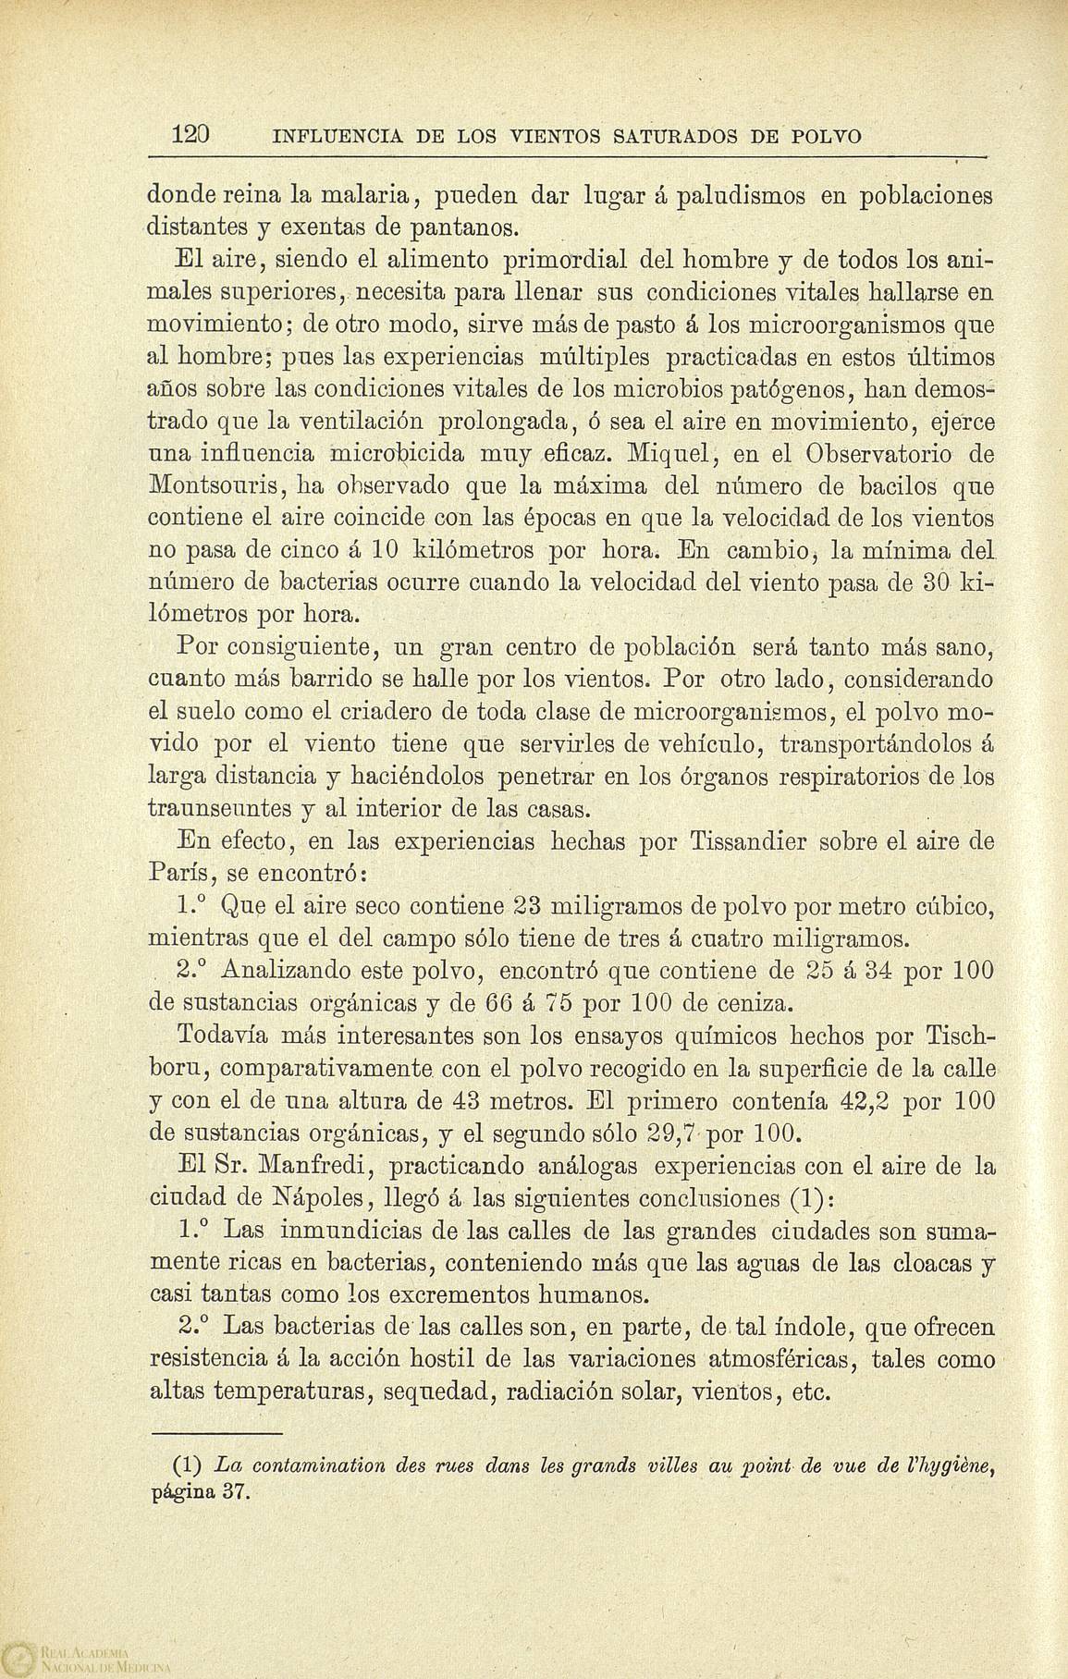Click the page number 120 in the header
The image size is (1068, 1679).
pos(193,136)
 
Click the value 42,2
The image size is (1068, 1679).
pos(869,1101)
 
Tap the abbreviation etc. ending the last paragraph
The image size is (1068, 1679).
pos(808,1390)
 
